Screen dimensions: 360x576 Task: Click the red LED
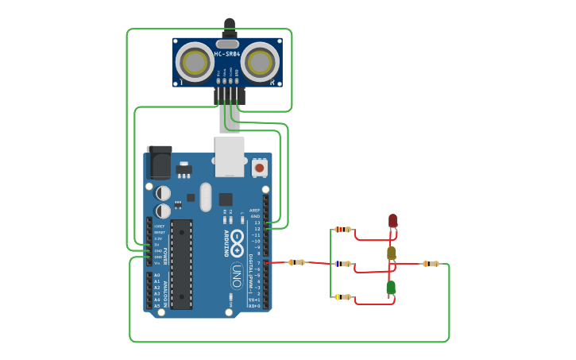click(x=392, y=221)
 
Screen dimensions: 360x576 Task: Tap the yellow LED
click(x=391, y=254)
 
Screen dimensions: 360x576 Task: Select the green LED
click(x=391, y=288)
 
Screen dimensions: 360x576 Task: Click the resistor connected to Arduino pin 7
click(x=296, y=262)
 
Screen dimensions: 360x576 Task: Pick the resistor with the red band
click(x=342, y=230)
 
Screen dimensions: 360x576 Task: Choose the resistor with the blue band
click(x=342, y=264)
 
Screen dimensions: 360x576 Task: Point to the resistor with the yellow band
click(x=342, y=297)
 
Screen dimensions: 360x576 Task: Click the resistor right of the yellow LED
click(x=430, y=263)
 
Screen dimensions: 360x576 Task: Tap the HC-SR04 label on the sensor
click(x=226, y=54)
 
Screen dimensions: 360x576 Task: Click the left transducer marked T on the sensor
click(x=194, y=60)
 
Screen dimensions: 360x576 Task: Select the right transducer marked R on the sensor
click(x=260, y=60)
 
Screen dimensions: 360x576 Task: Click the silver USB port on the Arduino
click(x=230, y=156)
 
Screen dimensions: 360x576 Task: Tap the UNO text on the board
click(x=236, y=276)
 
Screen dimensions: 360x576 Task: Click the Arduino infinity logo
click(x=237, y=242)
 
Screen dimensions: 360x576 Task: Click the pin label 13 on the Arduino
click(x=257, y=223)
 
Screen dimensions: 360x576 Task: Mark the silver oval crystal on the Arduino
click(x=206, y=197)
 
